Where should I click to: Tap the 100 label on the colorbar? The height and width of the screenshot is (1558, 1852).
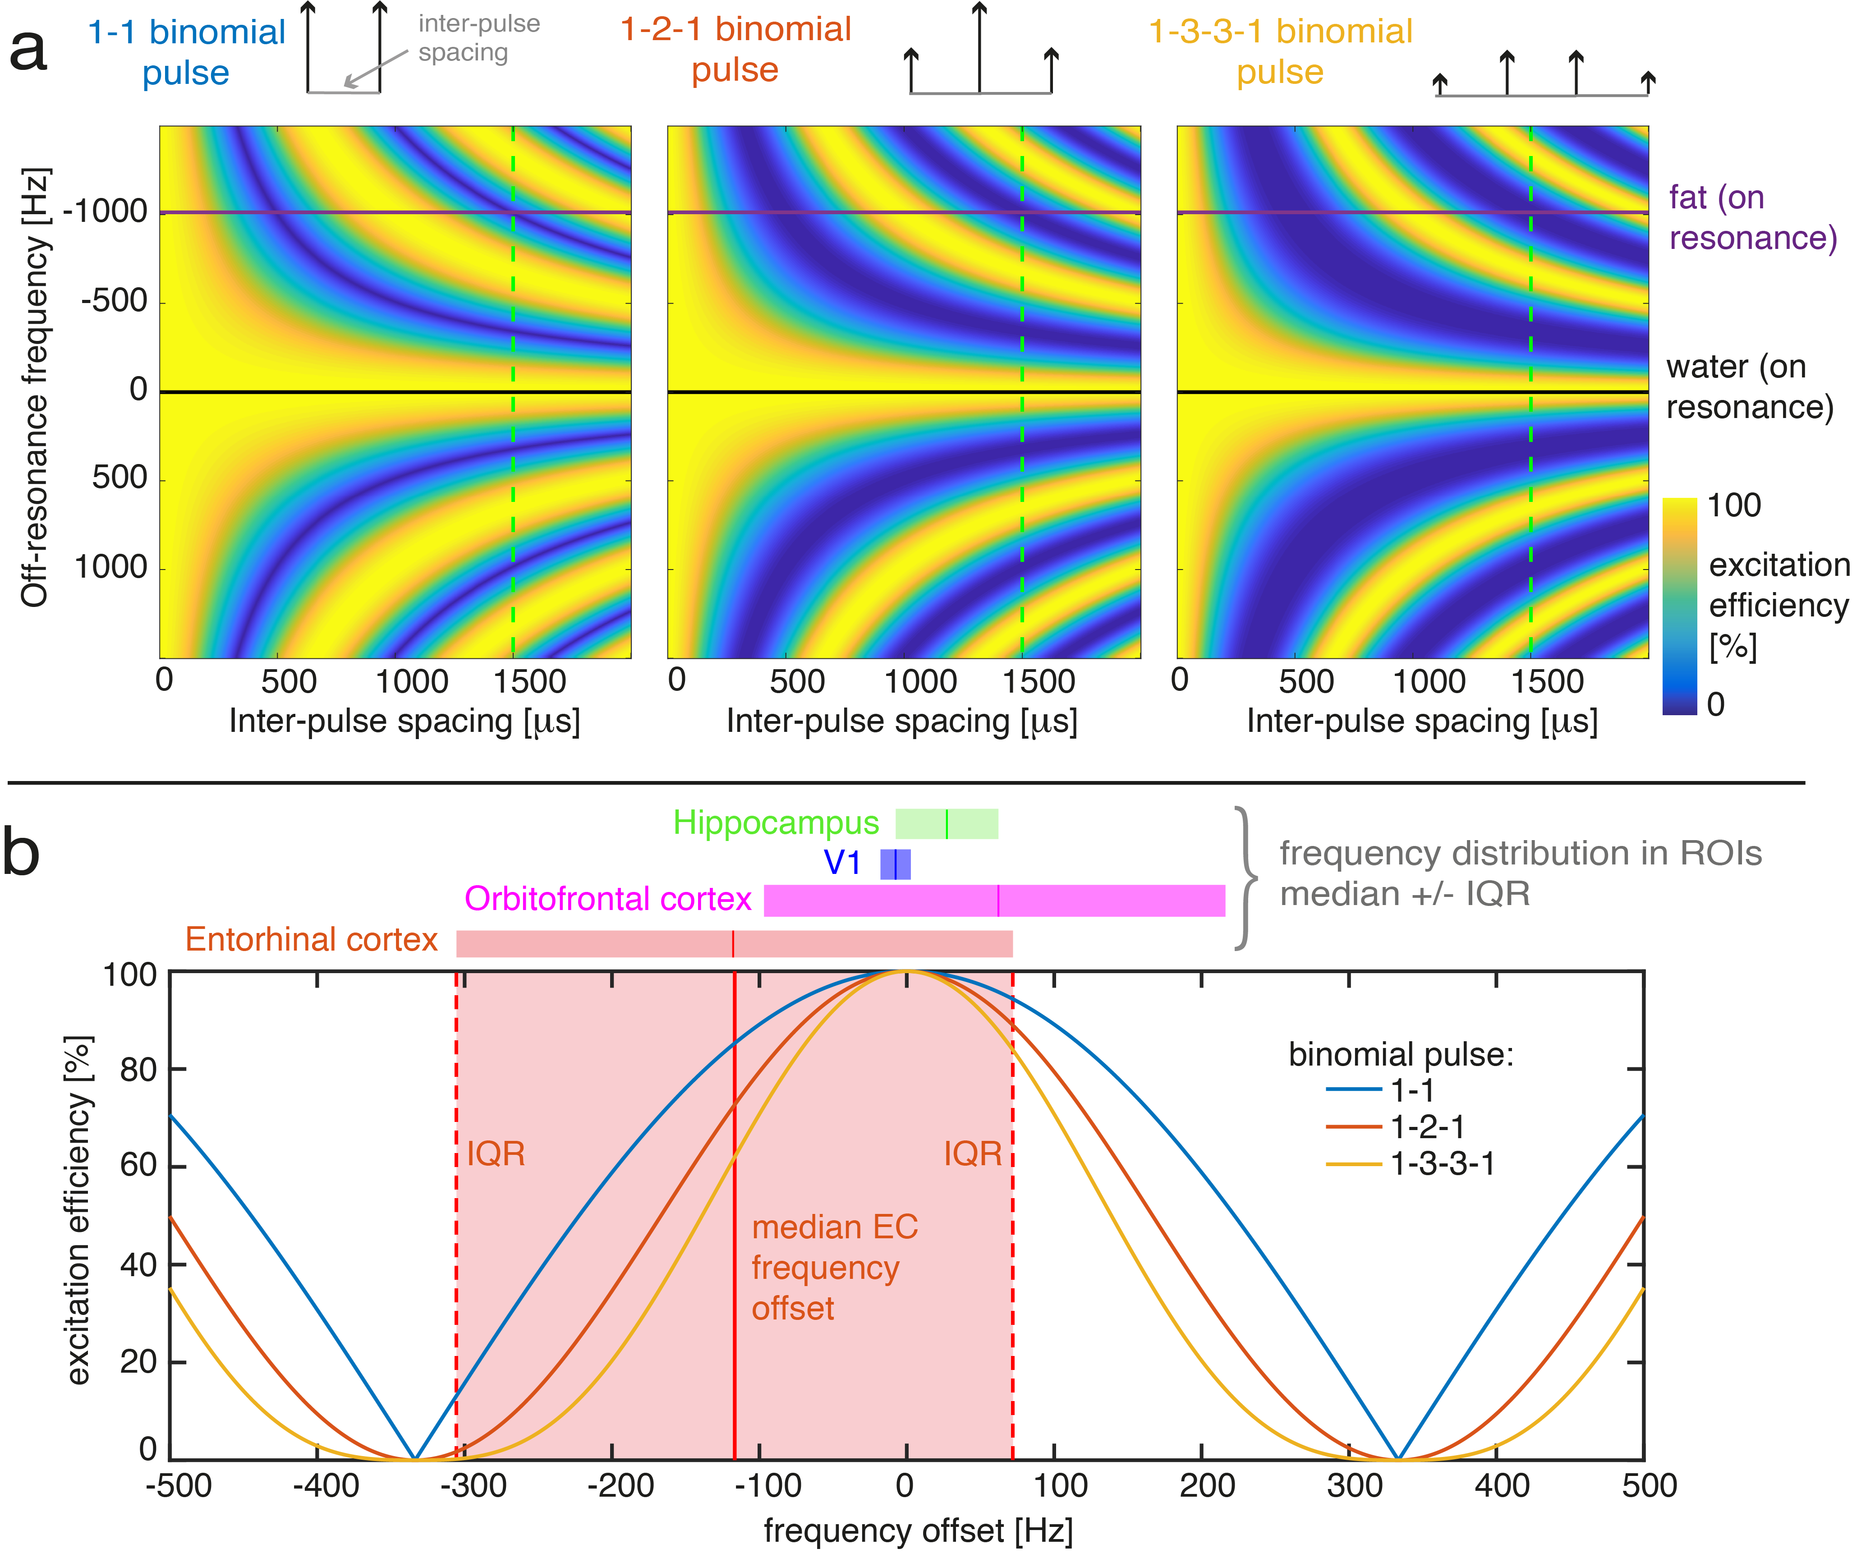1734,506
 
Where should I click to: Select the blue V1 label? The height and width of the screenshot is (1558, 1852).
841,862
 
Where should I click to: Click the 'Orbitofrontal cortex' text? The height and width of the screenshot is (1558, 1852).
607,899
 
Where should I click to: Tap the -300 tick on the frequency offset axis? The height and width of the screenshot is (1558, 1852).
473,1485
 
